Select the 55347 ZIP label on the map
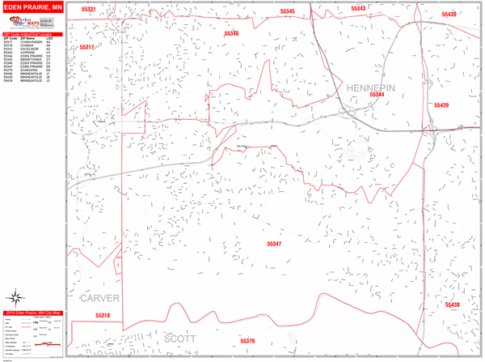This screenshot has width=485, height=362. pyautogui.click(x=275, y=244)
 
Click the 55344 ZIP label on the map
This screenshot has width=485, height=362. pyautogui.click(x=377, y=96)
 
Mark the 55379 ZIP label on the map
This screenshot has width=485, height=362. pyautogui.click(x=247, y=341)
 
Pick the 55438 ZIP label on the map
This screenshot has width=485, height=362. pyautogui.click(x=451, y=305)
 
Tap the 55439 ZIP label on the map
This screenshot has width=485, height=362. pyautogui.click(x=441, y=106)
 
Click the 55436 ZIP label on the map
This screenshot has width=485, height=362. pyautogui.click(x=449, y=15)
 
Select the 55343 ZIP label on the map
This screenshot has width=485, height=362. pyautogui.click(x=358, y=9)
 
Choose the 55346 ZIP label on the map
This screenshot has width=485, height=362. pyautogui.click(x=231, y=33)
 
